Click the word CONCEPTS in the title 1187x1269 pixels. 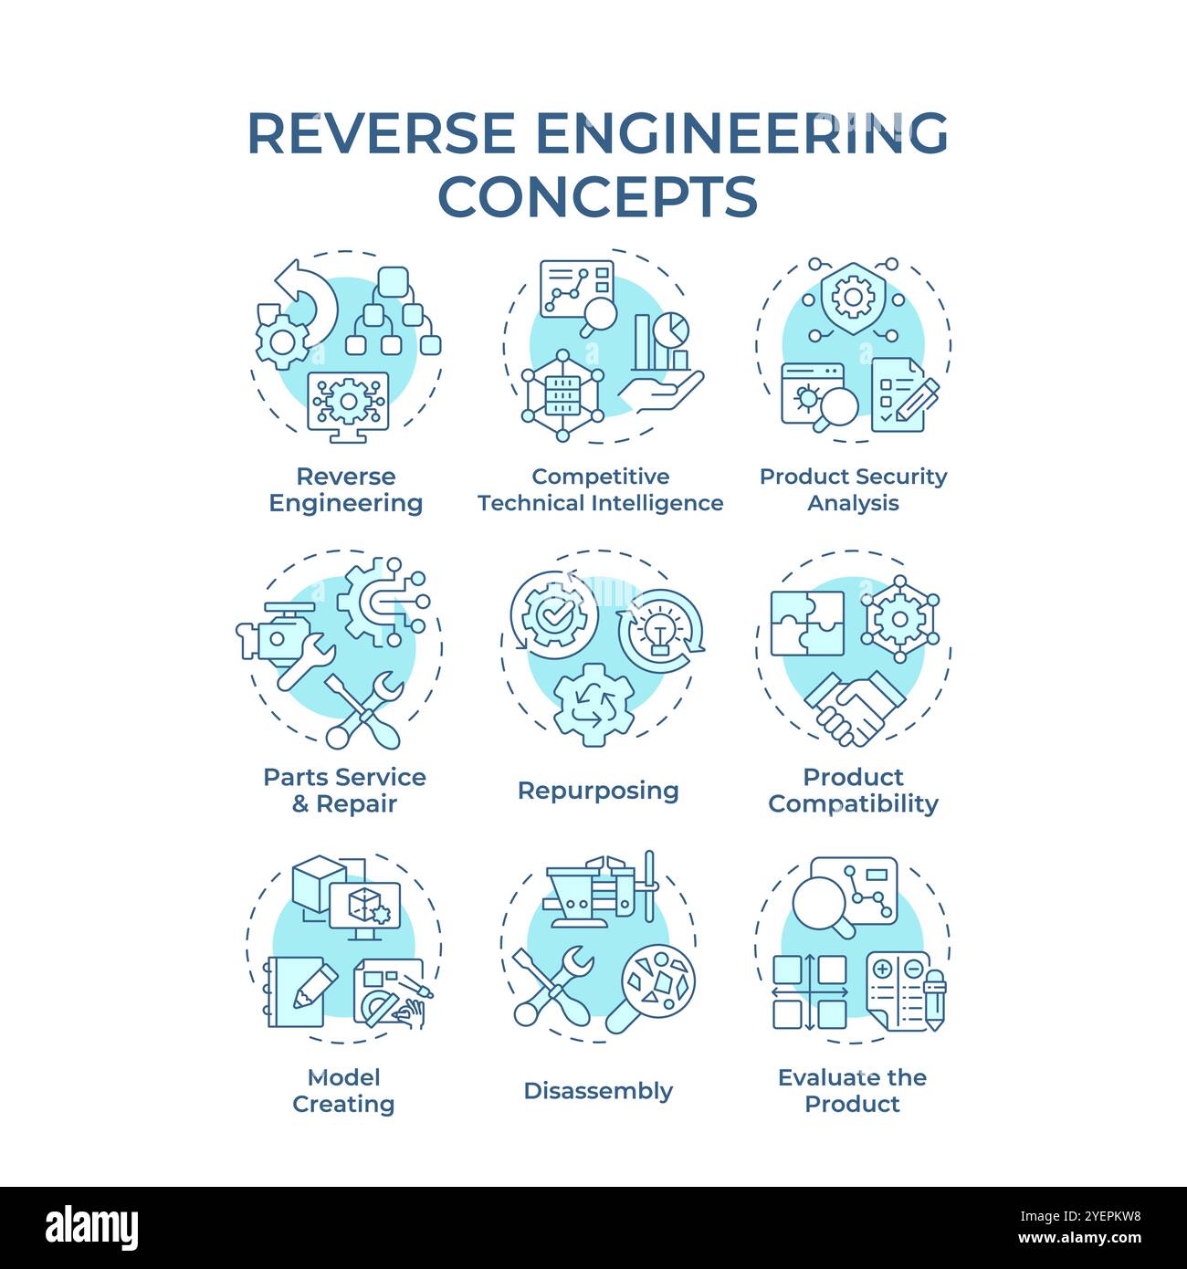pyautogui.click(x=598, y=196)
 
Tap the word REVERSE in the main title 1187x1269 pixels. pyautogui.click(x=381, y=133)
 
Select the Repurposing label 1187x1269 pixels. pyautogui.click(x=598, y=791)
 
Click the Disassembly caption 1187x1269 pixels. pyautogui.click(x=598, y=1091)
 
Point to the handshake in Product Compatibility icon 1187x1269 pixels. pyautogui.click(x=854, y=708)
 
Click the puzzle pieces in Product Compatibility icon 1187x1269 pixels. pyautogui.click(x=806, y=624)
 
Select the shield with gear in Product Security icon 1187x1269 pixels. pyautogui.click(x=852, y=297)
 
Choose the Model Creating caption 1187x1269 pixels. pyautogui.click(x=343, y=1091)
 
